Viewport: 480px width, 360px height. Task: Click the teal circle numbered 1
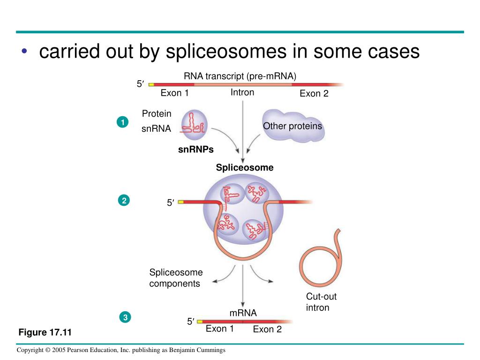click(x=122, y=123)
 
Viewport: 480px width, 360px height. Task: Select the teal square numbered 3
click(x=125, y=318)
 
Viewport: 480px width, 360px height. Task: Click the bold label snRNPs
click(x=195, y=150)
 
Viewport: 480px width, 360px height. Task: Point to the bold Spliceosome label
click(x=244, y=168)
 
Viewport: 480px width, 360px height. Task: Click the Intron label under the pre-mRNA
click(x=242, y=92)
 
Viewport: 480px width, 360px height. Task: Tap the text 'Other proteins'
click(x=292, y=126)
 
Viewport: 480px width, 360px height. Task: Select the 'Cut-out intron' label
click(x=321, y=302)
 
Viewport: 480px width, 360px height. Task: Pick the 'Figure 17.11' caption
click(x=45, y=333)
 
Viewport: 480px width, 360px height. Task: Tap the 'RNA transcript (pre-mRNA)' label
click(x=240, y=76)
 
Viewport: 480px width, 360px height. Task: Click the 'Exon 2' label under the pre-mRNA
click(x=314, y=93)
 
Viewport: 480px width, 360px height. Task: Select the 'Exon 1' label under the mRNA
click(x=220, y=329)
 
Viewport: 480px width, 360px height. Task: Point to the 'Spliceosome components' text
click(x=176, y=278)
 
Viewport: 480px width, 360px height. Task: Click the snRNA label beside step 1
click(x=156, y=129)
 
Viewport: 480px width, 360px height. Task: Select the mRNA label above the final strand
click(x=243, y=313)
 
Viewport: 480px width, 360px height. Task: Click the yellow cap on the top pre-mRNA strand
click(x=151, y=85)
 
